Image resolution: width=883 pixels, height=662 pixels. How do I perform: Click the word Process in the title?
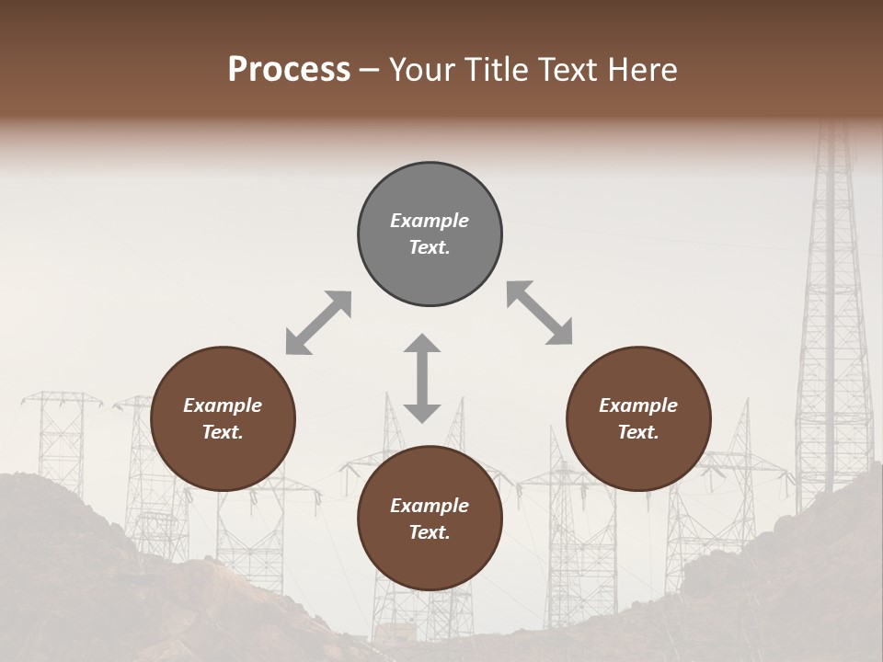pyautogui.click(x=289, y=70)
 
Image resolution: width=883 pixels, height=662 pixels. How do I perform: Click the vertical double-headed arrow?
pyautogui.click(x=422, y=378)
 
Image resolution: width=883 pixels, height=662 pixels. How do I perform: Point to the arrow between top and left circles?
pyautogui.click(x=318, y=323)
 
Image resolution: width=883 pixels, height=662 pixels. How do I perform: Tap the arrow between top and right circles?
pyautogui.click(x=539, y=313)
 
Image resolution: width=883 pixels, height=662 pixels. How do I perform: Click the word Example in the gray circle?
pyautogui.click(x=430, y=221)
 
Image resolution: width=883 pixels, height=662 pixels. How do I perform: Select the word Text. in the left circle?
pyautogui.click(x=223, y=432)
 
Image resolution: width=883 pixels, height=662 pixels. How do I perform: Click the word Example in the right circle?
pyautogui.click(x=638, y=405)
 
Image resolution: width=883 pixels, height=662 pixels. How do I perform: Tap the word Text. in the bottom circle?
pyautogui.click(x=430, y=532)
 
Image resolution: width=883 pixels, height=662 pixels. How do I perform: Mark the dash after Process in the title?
pyautogui.click(x=370, y=71)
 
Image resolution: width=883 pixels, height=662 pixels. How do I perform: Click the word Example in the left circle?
pyautogui.click(x=223, y=405)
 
